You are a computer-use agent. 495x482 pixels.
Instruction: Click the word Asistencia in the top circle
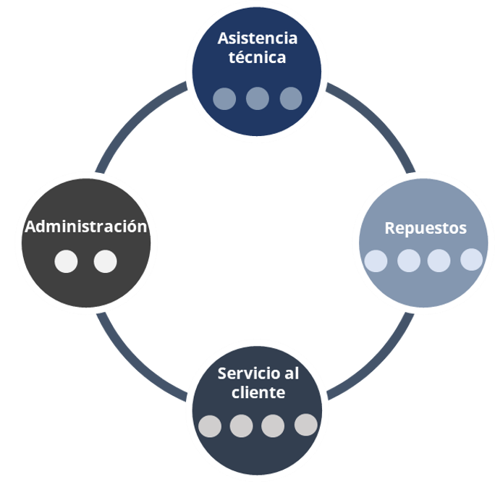[257, 38]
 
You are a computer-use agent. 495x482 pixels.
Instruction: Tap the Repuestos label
[426, 228]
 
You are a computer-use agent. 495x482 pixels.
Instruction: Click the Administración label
[86, 227]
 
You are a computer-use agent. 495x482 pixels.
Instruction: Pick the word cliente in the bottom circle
[258, 393]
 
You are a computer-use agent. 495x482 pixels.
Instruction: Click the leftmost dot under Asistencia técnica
[224, 98]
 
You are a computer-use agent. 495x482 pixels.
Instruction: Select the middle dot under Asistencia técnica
[257, 98]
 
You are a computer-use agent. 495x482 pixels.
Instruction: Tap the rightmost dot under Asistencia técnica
[290, 98]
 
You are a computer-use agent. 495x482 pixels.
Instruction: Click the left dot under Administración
[66, 261]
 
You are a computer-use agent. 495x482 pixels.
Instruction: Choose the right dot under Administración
[105, 261]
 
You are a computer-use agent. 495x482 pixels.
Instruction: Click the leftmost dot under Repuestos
[376, 261]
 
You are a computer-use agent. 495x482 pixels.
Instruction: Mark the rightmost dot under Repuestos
[472, 259]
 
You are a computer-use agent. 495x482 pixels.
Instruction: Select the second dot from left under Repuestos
[409, 261]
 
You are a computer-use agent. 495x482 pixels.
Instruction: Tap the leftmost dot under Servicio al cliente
[210, 426]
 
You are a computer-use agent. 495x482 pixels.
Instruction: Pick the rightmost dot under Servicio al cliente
[306, 425]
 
